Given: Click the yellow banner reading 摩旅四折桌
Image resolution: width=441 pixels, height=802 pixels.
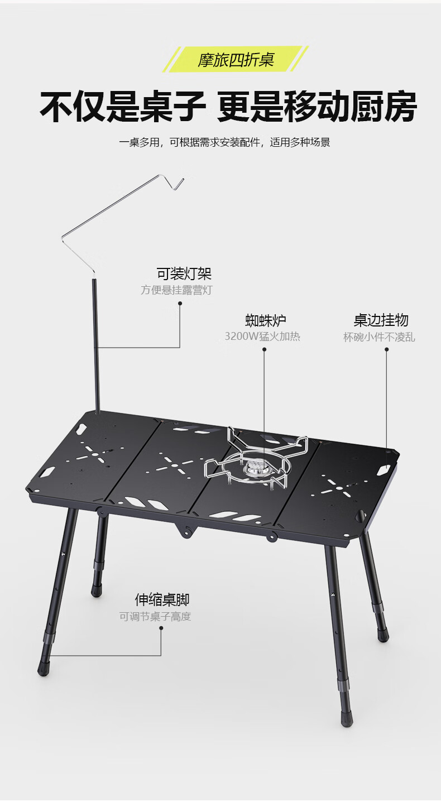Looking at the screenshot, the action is coord(235,59).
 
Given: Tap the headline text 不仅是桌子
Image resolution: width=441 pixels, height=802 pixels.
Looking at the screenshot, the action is coord(122,107).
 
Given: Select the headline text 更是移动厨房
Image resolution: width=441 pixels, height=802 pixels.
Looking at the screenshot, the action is coord(317,107).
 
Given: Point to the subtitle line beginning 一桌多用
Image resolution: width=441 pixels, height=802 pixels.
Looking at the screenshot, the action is coord(224,142).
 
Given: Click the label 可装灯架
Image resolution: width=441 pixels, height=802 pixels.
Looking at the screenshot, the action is coord(184,274).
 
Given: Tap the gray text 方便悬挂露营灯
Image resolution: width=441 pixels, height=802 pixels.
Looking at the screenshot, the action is coord(176,290).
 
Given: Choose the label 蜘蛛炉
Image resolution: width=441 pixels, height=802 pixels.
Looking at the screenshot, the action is coord(265,320).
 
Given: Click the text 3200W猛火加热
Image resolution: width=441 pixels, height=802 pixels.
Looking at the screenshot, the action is coord(262,337).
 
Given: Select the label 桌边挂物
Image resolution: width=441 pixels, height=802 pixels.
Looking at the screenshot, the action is coord(381,320).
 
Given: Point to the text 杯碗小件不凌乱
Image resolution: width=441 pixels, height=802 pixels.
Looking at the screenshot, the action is coord(379,337).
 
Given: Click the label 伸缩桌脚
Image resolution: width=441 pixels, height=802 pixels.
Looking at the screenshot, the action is coord(162,600).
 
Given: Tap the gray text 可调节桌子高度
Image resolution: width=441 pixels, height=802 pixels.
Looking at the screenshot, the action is coord(155,617).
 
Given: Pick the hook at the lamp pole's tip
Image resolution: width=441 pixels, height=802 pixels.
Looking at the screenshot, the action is coord(178,183).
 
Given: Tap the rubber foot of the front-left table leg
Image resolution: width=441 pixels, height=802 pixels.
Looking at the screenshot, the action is coord(44,667).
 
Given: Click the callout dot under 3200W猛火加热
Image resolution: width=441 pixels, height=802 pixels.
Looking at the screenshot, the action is coord(264,350).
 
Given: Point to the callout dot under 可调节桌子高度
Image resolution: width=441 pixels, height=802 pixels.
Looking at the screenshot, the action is coord(161,628).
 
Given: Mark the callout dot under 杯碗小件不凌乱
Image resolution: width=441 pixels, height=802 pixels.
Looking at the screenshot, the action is coord(386,350).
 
